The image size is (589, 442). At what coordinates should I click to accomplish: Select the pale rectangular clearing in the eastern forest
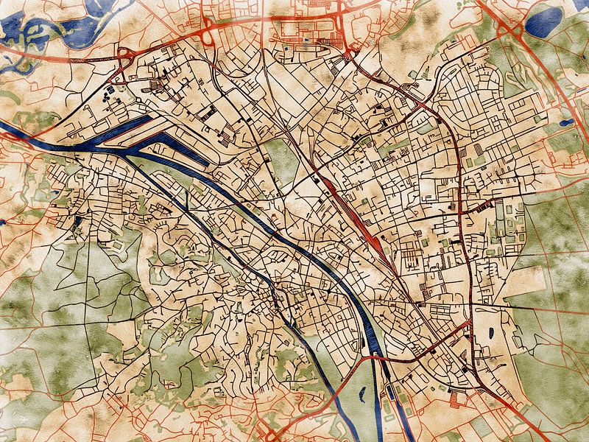(x=523, y=281)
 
